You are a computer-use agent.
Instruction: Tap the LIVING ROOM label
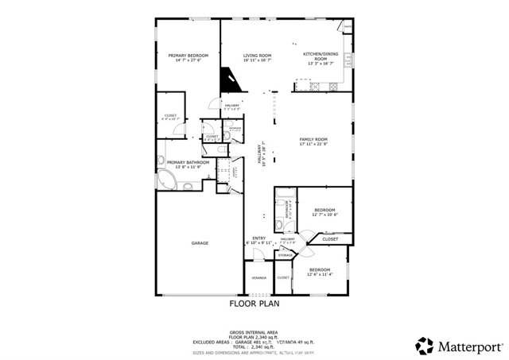click(x=257, y=55)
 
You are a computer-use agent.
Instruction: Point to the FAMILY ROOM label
click(x=313, y=139)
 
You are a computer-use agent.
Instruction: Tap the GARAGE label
click(x=200, y=242)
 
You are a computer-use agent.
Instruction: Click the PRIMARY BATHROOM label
click(x=188, y=162)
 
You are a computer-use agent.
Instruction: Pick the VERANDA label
click(x=258, y=278)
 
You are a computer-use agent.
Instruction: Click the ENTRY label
click(x=259, y=238)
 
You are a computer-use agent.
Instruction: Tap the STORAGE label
click(x=285, y=254)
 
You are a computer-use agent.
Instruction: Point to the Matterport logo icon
click(x=425, y=346)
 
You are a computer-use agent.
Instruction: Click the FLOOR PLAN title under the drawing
click(x=254, y=303)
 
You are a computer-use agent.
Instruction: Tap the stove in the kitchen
click(x=347, y=29)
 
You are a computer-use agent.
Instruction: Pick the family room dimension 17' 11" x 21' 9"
click(x=313, y=145)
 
